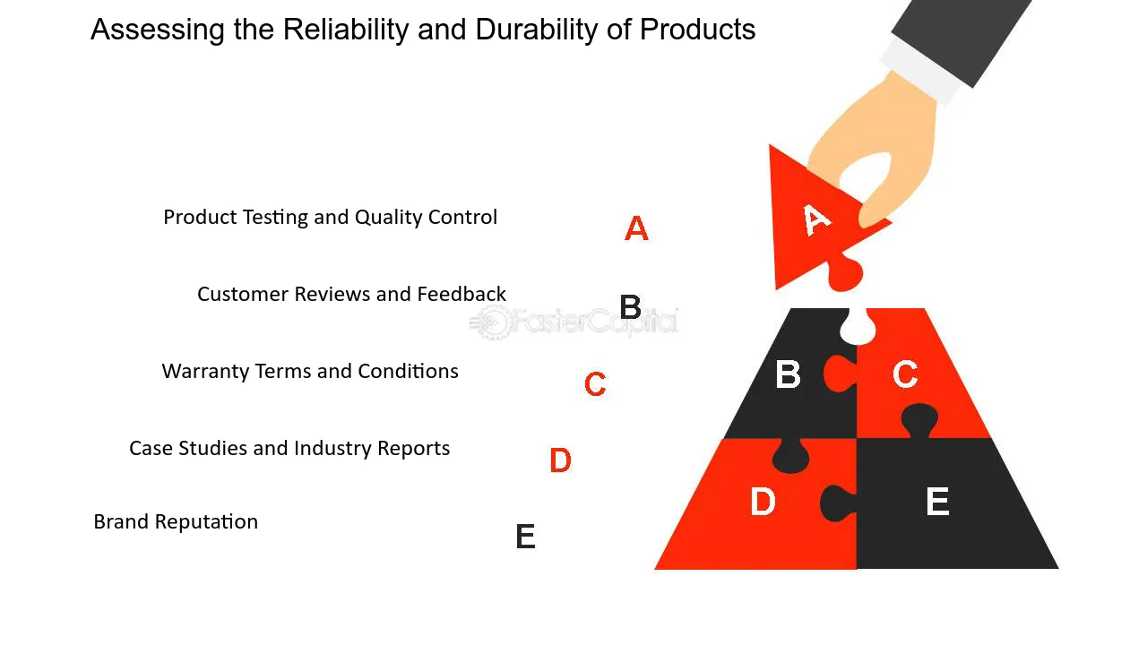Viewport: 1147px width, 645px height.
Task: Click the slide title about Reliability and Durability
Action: (x=423, y=30)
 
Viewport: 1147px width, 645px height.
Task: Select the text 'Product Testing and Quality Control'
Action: (x=330, y=217)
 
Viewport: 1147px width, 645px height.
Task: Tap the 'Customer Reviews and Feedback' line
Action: (x=351, y=294)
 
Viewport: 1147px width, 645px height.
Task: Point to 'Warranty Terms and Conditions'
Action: (x=310, y=371)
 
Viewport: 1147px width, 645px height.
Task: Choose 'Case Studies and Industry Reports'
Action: (x=289, y=448)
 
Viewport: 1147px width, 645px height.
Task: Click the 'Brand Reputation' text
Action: (x=176, y=521)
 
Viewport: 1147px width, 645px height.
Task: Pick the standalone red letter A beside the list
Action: (x=636, y=229)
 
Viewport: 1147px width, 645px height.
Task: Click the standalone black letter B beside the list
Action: (x=630, y=308)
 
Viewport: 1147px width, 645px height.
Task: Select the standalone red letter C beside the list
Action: (x=595, y=384)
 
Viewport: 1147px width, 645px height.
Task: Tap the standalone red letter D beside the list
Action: (x=560, y=461)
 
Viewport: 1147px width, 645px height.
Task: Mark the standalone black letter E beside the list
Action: (x=525, y=537)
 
